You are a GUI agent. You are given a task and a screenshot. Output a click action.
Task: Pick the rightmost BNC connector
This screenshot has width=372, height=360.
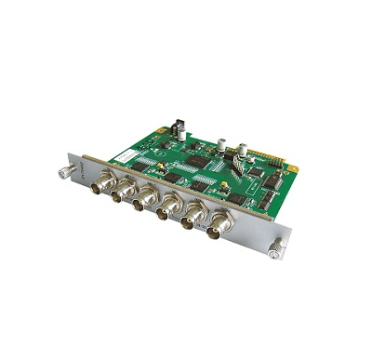223,223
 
